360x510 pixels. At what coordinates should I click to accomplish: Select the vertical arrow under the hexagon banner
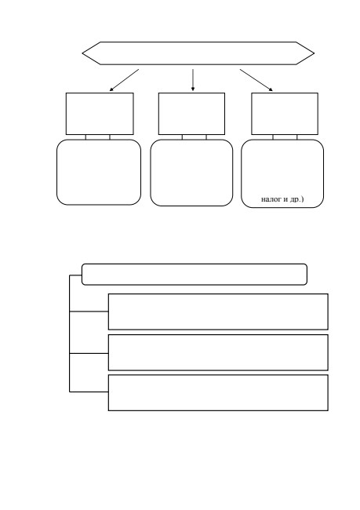coord(193,80)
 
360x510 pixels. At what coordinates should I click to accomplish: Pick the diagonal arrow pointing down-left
coord(124,80)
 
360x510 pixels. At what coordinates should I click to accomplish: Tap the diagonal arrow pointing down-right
coord(256,80)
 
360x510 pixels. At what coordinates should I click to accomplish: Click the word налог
coord(271,199)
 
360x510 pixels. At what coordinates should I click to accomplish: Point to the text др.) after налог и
coord(296,199)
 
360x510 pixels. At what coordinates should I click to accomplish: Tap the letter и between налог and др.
coord(285,199)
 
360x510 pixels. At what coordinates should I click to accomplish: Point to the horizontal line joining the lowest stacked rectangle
coord(89,392)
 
